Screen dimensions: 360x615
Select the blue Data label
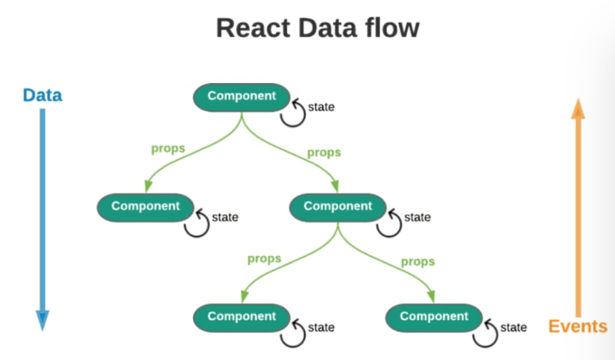tap(42, 96)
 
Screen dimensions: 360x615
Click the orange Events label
tap(577, 326)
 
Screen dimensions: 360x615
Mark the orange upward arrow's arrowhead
tap(577, 110)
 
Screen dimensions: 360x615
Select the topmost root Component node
tap(241, 96)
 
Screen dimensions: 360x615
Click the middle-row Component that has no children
tap(145, 206)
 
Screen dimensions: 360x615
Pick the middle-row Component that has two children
tap(337, 206)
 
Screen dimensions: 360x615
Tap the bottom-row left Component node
tap(241, 316)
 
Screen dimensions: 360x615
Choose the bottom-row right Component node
tap(434, 316)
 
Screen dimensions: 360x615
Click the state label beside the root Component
tap(321, 107)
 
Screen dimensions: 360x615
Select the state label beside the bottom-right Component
tap(514, 328)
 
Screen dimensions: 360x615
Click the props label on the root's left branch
tap(168, 148)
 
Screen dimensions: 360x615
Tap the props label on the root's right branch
tap(324, 152)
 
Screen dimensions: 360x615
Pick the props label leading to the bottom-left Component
tap(264, 258)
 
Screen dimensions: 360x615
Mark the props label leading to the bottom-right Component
tap(417, 262)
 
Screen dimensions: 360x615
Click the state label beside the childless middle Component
tap(224, 217)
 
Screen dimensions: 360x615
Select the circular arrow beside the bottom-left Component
tap(292, 332)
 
